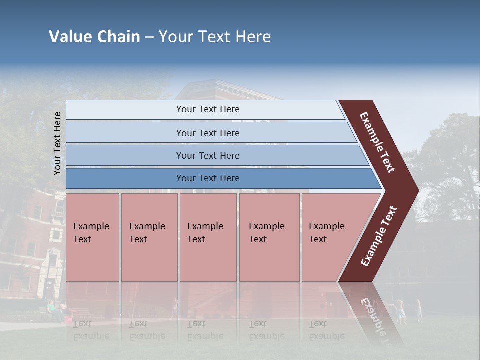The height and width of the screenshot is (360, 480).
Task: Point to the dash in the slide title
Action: tap(149, 37)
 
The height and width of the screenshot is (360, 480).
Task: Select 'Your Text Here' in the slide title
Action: tap(215, 37)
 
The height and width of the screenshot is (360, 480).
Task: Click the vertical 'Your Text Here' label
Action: tap(57, 143)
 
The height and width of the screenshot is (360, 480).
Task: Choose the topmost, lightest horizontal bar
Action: tap(207, 109)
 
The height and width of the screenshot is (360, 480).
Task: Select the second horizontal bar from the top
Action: tap(207, 133)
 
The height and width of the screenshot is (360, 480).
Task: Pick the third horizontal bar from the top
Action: tap(207, 155)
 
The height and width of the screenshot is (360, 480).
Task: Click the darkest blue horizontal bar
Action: tap(207, 178)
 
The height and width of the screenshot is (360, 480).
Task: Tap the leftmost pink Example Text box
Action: tap(92, 237)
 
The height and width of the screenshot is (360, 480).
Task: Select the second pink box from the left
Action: tap(149, 237)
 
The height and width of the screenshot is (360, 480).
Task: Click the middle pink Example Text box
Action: tap(208, 237)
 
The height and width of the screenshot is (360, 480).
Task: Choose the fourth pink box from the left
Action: tap(269, 237)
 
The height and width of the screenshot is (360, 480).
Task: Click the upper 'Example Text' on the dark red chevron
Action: tap(377, 142)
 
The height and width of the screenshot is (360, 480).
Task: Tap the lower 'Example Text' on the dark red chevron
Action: tap(379, 236)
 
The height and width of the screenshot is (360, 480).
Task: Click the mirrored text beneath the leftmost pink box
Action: tap(91, 330)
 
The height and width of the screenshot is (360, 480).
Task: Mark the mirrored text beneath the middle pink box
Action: tap(205, 330)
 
